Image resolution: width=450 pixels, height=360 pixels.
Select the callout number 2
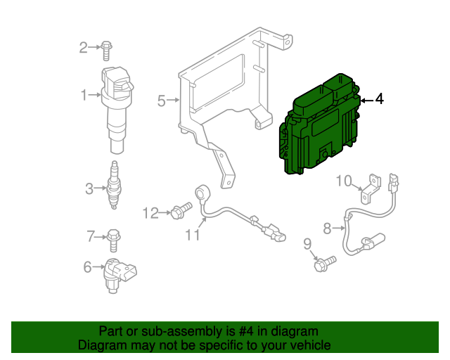click(84, 48)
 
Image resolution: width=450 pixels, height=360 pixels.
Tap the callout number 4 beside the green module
click(379, 100)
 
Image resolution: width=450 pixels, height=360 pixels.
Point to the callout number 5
click(161, 101)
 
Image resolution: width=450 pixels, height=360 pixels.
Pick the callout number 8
click(327, 228)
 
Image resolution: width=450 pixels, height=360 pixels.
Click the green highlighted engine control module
click(321, 127)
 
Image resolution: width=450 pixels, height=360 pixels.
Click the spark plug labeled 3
click(112, 186)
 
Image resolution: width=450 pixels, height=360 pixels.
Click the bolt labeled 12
click(181, 210)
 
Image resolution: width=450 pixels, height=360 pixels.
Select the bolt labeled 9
click(325, 264)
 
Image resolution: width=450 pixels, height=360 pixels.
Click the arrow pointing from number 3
click(100, 188)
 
